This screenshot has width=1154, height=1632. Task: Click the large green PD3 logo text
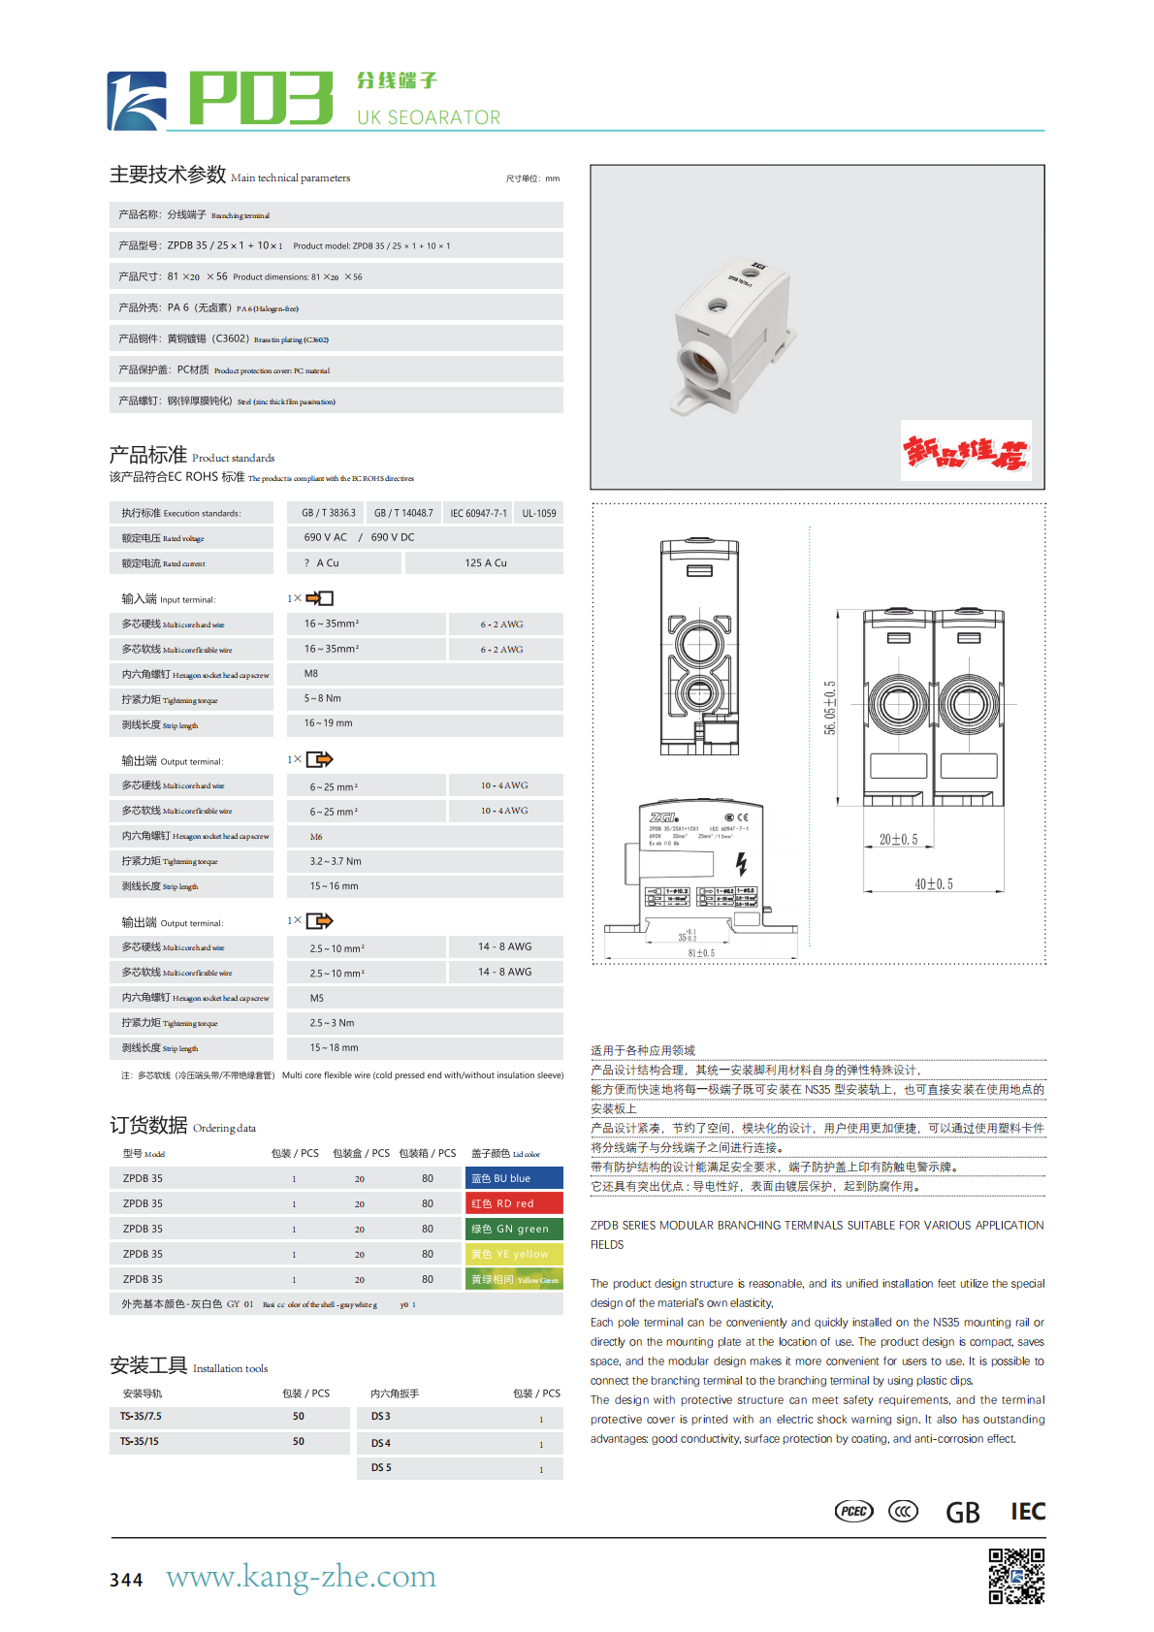260,98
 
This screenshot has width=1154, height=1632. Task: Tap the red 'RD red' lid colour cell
514,1203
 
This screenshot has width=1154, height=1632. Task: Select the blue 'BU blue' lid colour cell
514,1178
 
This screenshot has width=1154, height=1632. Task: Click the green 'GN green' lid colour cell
514,1229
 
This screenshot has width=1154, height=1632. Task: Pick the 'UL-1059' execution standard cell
539,513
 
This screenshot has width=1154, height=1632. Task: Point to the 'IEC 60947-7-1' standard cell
478,513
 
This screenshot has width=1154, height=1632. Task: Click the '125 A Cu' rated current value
485,562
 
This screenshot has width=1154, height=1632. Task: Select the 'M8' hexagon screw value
311,673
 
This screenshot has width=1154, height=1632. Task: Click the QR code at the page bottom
1016,1576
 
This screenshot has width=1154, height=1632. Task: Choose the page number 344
126,1580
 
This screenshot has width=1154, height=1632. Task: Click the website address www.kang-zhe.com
301,1577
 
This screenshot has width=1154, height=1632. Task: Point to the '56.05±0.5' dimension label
829,707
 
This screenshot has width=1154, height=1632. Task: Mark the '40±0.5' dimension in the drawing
934,883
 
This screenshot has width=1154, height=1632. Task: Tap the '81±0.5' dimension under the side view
701,952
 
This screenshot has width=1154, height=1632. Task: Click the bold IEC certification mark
1027,1511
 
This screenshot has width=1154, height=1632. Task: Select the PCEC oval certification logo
854,1511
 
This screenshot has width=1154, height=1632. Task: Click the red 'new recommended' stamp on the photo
966,451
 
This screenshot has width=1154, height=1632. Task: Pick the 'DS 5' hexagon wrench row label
381,1467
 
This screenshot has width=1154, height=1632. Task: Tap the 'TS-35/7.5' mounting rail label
141,1417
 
